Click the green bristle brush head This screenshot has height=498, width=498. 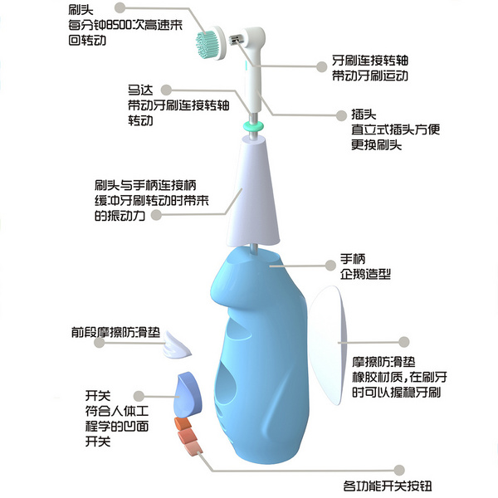pos(207,41)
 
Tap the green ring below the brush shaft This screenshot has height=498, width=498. pos(254,125)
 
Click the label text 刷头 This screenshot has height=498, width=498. pos(81,8)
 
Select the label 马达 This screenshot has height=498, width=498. pos(138,90)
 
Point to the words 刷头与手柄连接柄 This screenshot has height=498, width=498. pos(145,185)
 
